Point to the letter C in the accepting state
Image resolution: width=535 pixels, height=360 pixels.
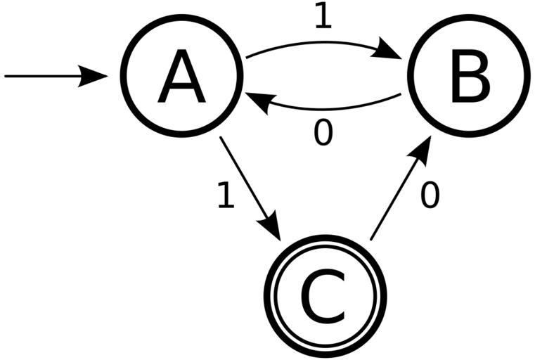click(x=325, y=297)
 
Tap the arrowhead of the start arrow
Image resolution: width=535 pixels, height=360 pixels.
click(x=94, y=75)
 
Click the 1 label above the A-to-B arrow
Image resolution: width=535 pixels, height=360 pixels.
click(x=323, y=17)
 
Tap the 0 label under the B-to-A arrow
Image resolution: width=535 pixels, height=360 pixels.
click(x=323, y=134)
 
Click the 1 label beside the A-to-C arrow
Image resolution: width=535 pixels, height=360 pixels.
click(x=225, y=196)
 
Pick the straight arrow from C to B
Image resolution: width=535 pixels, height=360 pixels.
click(x=397, y=193)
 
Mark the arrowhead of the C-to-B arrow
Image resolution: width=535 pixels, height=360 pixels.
click(x=421, y=150)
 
